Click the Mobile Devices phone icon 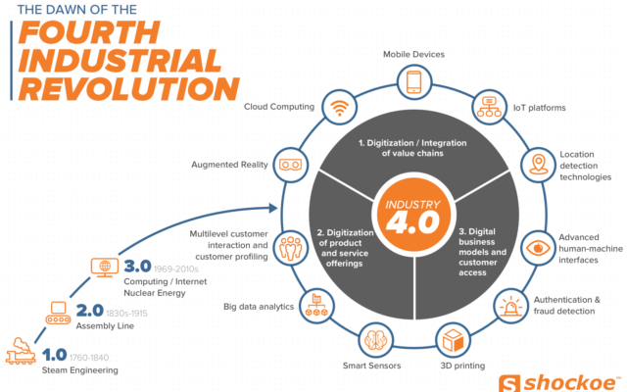pos(414,82)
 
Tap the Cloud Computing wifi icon pos(340,107)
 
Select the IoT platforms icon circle pos(489,107)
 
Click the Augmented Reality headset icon pos(291,165)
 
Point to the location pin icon pos(538,164)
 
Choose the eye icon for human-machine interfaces pos(538,248)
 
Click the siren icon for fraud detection pos(510,307)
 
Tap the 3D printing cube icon pos(453,341)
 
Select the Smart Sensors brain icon pos(375,341)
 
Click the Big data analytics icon pos(316,305)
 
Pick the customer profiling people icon pos(291,248)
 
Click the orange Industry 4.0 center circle pos(413,216)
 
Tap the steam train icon pos(21,351)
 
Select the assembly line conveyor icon pos(58,313)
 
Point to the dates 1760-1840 pos(89,357)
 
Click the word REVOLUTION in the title pos(128,89)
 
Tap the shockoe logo pos(558,383)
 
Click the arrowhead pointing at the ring pos(273,208)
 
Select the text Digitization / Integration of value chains pos(412,148)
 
